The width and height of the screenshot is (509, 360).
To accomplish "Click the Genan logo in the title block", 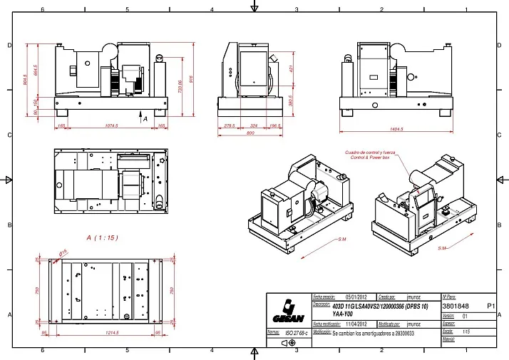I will tap(288, 311).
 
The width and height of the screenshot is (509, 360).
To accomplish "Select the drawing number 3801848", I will tap(457, 306).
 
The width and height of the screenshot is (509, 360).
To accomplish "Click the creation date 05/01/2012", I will tap(356, 297).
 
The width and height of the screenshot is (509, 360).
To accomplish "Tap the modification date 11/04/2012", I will tap(356, 324).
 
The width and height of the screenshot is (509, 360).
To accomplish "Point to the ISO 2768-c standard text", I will tap(295, 333).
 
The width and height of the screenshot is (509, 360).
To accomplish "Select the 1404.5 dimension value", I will tap(397, 129).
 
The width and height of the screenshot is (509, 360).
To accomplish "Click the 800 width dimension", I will tap(250, 133).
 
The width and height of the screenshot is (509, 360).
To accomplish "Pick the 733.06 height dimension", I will tap(180, 86).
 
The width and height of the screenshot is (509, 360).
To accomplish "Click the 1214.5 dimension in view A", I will tap(111, 333).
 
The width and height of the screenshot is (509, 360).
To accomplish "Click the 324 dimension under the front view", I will tap(254, 125).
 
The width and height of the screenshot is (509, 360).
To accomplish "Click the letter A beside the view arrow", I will tap(145, 119).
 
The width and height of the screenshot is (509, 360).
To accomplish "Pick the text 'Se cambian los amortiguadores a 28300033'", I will tap(374, 333).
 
